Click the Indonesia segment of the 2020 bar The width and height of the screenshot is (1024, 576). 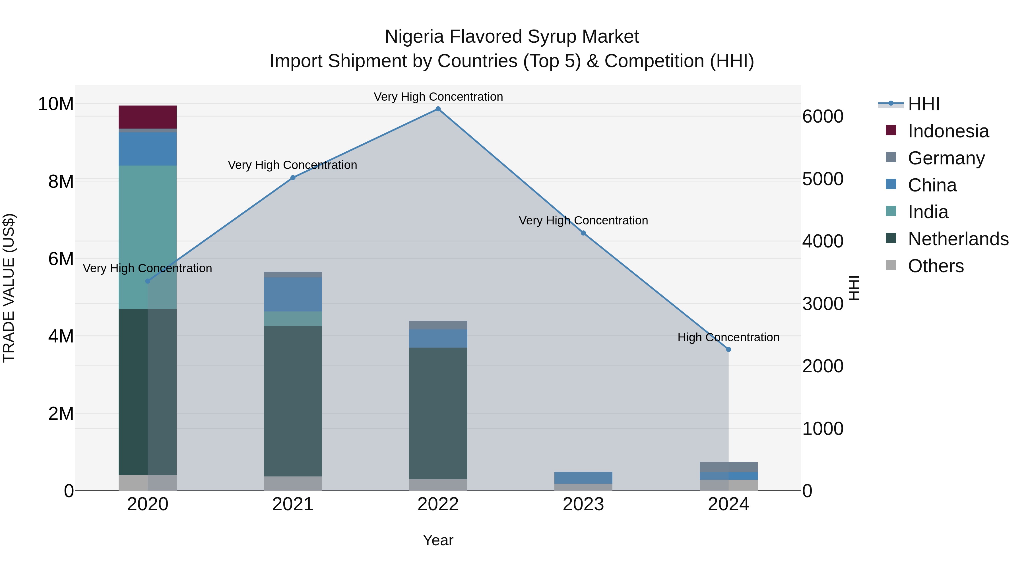coord(147,117)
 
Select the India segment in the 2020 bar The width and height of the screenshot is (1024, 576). coord(147,237)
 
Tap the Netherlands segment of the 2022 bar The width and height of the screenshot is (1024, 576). coord(438,413)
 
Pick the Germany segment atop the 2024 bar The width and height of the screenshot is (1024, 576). coord(729,467)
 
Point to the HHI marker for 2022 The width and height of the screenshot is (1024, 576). coord(438,109)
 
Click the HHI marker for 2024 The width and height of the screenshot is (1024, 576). coord(729,349)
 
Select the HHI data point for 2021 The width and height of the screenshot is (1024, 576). coord(293,178)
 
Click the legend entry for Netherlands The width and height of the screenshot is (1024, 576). coord(958,239)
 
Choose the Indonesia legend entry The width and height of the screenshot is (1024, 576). coord(948,131)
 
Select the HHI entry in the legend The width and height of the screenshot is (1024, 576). coord(923,104)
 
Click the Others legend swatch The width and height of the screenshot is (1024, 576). coord(891,265)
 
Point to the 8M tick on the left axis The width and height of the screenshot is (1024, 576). coord(61,182)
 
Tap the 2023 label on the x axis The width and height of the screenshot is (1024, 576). coord(583,504)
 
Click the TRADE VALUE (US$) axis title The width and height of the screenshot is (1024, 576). coord(9,288)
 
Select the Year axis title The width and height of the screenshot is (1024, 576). coord(438,540)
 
